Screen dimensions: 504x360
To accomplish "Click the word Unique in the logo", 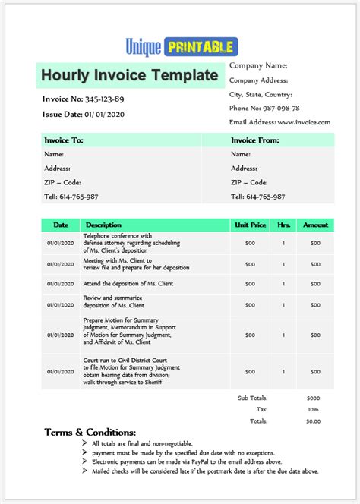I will point(144,47).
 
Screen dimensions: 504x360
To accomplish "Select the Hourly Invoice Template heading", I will point(129,75).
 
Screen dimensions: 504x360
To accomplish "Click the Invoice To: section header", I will point(64,140).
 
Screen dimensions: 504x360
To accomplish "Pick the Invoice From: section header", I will point(255,140).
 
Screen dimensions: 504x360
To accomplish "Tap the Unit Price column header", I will point(251,225).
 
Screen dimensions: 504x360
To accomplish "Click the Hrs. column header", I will point(284,225).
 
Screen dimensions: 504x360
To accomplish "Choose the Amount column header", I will point(316,225).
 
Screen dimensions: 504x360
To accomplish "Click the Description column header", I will point(103,225).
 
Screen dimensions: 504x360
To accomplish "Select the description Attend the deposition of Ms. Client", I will point(129,284).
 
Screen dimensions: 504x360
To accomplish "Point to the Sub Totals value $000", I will point(313,397).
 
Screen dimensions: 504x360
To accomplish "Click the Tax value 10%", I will point(313,408).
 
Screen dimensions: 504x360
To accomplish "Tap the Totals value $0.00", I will point(313,421).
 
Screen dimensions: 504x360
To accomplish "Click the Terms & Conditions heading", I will point(90,432).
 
